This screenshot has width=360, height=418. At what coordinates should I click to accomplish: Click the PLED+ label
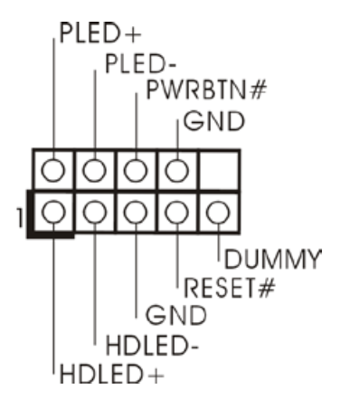tap(100, 33)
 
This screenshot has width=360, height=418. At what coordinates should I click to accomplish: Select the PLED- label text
tap(140, 63)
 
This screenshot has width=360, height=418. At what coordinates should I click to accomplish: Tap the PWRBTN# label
tap(206, 90)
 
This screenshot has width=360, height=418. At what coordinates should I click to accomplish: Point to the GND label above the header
tap(214, 121)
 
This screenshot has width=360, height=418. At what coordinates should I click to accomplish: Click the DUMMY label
tap(273, 259)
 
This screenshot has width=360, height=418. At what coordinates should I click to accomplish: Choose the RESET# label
tap(229, 288)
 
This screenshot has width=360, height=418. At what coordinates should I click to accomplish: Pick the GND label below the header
tap(176, 315)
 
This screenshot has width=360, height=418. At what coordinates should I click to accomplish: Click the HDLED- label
tap(152, 345)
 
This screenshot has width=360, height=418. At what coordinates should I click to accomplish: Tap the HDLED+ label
tap(112, 374)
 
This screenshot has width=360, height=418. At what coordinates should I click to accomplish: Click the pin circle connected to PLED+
tap(53, 170)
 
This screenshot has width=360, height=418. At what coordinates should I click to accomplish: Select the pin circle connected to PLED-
tap(94, 170)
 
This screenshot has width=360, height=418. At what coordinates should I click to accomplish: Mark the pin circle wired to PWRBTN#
tap(136, 170)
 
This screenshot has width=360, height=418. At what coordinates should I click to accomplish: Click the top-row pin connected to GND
tap(177, 170)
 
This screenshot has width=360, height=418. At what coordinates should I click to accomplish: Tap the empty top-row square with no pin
tap(219, 170)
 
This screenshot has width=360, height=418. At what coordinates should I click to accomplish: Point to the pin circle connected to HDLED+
tap(53, 212)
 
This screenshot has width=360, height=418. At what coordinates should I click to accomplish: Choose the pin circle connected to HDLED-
tap(94, 212)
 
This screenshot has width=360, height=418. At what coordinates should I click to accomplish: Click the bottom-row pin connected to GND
tap(136, 212)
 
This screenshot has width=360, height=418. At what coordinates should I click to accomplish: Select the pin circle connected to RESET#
tap(177, 212)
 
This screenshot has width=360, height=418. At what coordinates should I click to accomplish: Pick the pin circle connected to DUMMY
tap(218, 212)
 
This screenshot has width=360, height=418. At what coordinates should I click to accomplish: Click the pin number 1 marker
tap(20, 217)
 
